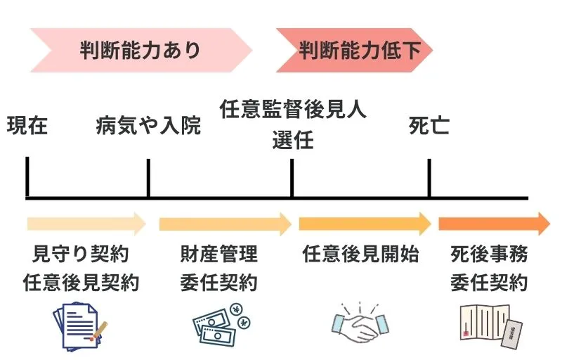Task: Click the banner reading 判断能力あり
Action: tap(140, 51)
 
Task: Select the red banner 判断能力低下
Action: tap(355, 51)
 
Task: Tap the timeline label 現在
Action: tap(27, 127)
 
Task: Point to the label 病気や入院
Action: tap(148, 127)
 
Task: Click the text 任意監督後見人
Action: tap(293, 110)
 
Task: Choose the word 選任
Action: tap(293, 141)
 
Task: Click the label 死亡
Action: tap(429, 127)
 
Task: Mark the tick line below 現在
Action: tap(27, 177)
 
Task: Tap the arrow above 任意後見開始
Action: tap(365, 224)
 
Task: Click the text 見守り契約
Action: tap(81, 254)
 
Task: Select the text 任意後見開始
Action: tap(361, 254)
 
